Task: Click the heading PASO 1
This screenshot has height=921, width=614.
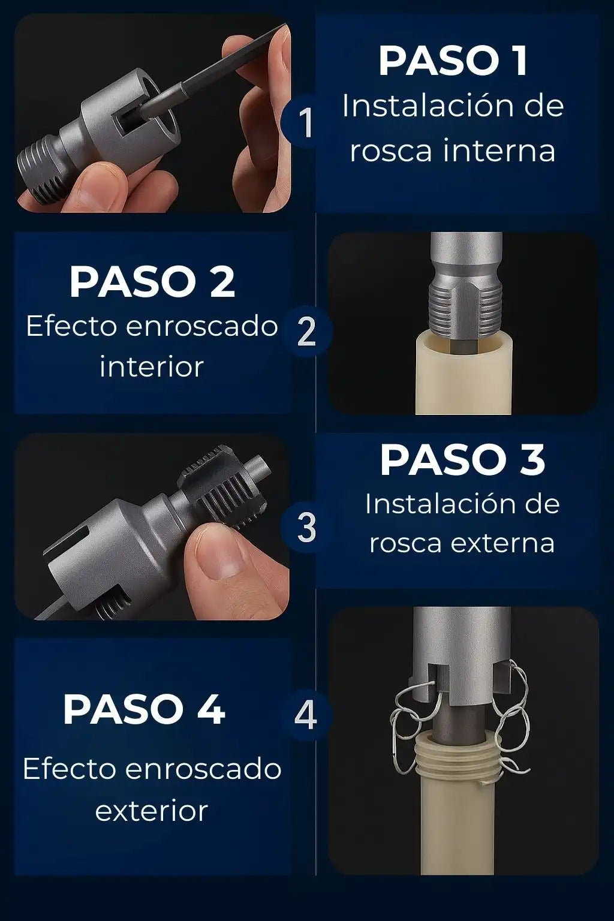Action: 453,61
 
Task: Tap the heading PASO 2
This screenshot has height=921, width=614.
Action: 152,282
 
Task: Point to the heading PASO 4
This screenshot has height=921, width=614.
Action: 144,709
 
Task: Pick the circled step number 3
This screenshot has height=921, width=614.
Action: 306,528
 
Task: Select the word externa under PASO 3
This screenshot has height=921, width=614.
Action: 502,543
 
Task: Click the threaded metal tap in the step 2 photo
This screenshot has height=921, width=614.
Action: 466,303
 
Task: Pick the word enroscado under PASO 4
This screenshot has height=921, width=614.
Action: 203,769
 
